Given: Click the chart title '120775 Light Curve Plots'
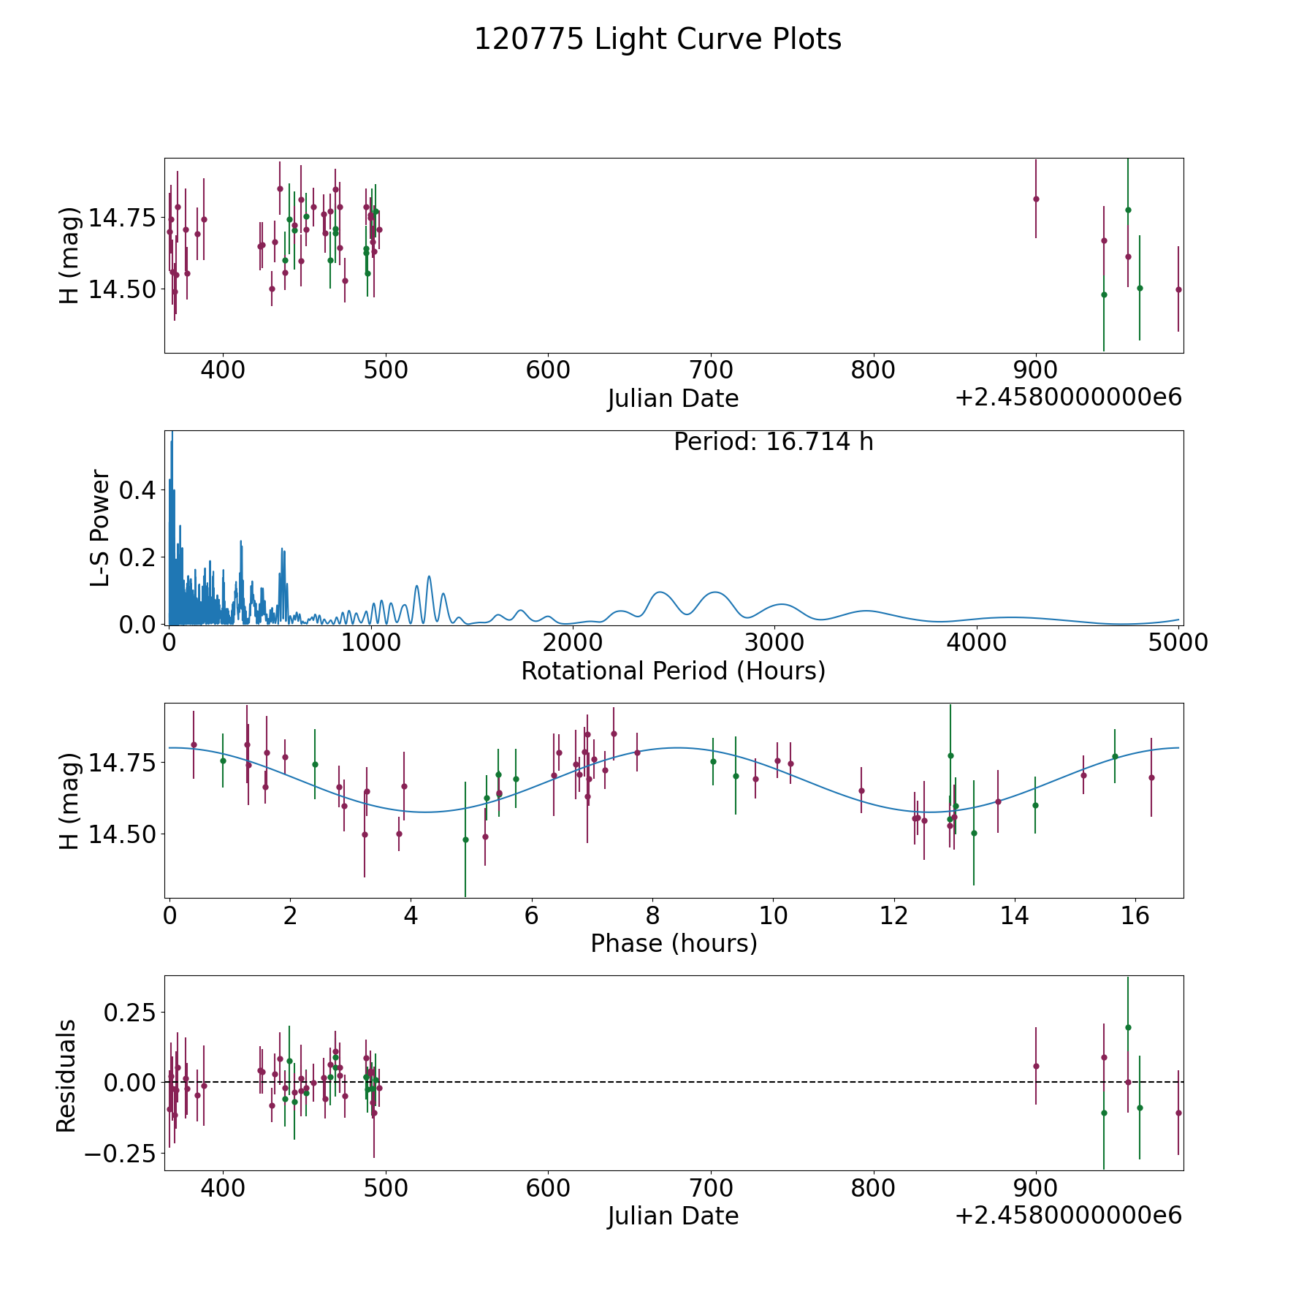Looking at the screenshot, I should tap(657, 39).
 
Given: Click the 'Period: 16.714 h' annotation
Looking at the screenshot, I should tap(773, 442).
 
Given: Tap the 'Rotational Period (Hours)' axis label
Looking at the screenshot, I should tap(673, 671).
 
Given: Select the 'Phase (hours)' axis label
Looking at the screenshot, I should tap(674, 943).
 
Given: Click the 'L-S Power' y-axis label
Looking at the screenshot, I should tap(100, 527).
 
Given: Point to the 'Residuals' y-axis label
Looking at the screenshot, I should tap(66, 1075).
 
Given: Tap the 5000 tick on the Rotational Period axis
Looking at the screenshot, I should tap(1178, 642).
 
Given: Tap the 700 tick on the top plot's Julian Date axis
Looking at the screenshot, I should tap(711, 370).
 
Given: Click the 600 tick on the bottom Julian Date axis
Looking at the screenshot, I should tap(548, 1187).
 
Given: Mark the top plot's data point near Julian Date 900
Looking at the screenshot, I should tap(1036, 199).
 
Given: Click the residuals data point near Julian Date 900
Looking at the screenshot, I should tap(1036, 1066).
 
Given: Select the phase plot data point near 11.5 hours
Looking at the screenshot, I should tap(861, 790).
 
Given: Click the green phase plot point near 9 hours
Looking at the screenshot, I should tap(713, 761).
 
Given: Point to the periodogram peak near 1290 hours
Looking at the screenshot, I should tap(429, 576).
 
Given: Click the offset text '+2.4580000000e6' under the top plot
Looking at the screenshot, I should tap(1068, 397).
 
